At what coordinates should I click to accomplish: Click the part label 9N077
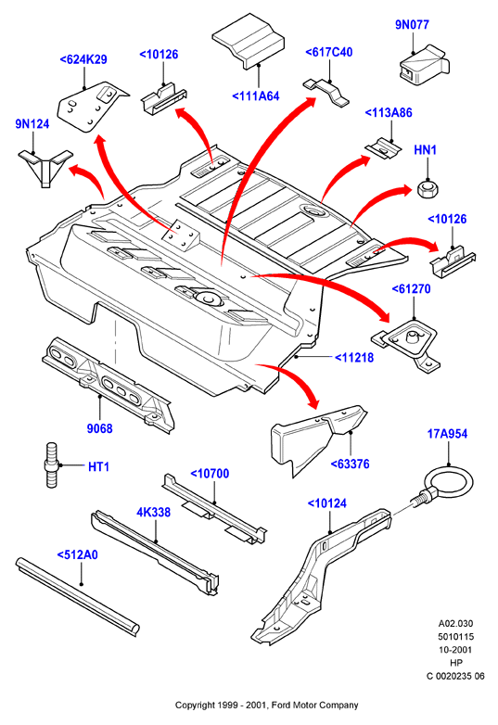[x=412, y=24]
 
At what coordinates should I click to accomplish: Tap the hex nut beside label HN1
[x=428, y=188]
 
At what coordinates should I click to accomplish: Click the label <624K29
[x=83, y=59]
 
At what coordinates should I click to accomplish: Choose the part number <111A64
[x=256, y=96]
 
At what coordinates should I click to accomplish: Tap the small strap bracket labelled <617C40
[x=326, y=93]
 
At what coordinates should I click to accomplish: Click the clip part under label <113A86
[x=382, y=148]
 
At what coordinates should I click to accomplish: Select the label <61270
[x=411, y=289]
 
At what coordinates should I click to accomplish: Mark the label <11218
[x=353, y=358]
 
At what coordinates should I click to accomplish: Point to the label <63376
[x=350, y=464]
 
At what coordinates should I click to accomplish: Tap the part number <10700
[x=210, y=474]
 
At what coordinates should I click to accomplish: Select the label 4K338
[x=154, y=513]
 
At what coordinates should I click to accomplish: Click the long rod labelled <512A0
[x=78, y=597]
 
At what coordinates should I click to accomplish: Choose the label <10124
[x=327, y=503]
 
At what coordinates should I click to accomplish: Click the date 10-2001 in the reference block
[x=455, y=650]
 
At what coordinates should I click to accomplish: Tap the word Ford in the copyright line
[x=281, y=706]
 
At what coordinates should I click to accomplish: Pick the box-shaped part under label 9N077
[x=424, y=65]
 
